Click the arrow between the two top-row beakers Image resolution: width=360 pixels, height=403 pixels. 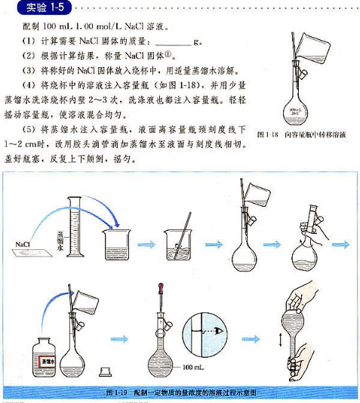147,244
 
